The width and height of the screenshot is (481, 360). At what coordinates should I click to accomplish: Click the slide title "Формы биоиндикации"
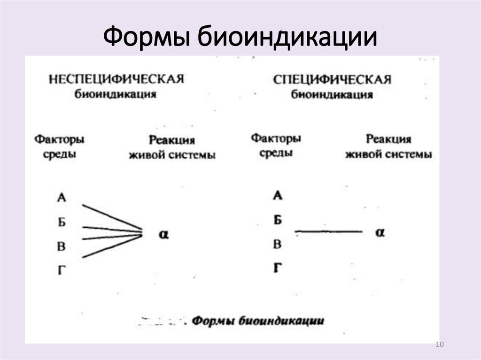[x=240, y=36]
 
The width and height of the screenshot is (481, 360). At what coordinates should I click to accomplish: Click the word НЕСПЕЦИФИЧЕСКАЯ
[x=116, y=78]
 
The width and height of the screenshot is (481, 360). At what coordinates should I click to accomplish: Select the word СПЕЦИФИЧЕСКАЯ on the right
[x=332, y=79]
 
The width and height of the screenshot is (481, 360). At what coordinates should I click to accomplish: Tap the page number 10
[x=440, y=345]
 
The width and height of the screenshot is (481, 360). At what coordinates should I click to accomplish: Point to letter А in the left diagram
[x=62, y=198]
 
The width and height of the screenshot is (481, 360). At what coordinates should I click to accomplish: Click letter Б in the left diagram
[x=62, y=222]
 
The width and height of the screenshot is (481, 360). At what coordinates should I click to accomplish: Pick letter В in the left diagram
[x=62, y=246]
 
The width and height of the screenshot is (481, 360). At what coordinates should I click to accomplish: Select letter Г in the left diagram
[x=62, y=270]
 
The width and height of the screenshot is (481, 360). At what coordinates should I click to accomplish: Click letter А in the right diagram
[x=278, y=195]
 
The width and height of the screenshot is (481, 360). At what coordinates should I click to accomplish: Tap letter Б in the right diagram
[x=278, y=219]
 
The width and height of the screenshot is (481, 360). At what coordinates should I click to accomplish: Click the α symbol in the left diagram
[x=163, y=234]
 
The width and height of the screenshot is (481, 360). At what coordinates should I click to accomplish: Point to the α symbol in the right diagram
[x=380, y=232]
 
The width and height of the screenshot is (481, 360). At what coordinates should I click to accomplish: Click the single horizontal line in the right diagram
[x=329, y=231]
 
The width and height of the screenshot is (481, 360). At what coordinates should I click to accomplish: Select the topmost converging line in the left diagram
[x=112, y=216]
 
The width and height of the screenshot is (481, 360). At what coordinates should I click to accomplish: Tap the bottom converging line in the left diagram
[x=112, y=247]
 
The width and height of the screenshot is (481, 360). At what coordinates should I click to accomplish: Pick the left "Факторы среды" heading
[x=59, y=146]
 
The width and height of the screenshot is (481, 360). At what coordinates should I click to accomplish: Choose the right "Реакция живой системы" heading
[x=388, y=146]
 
